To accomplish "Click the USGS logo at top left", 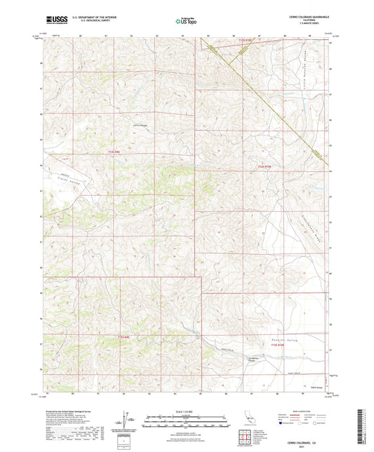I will coord(52,21).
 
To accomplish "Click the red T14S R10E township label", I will coord(265,166).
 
